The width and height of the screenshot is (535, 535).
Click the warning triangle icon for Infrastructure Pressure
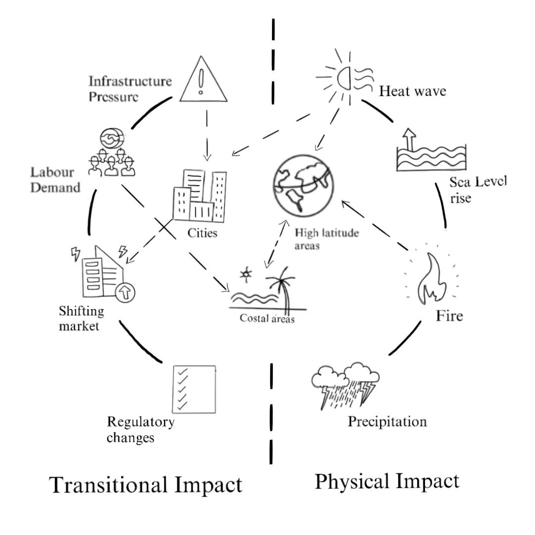(200, 79)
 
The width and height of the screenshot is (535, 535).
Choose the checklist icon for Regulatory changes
(194, 389)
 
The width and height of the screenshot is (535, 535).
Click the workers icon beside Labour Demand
(111, 154)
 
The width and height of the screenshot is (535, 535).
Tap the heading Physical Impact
(387, 481)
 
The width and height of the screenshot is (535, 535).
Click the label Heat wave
(412, 92)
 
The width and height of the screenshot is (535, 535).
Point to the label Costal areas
(267, 319)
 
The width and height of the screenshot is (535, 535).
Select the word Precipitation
(387, 422)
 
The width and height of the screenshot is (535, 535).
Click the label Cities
(202, 232)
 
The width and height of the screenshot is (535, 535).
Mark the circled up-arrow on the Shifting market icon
(123, 293)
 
